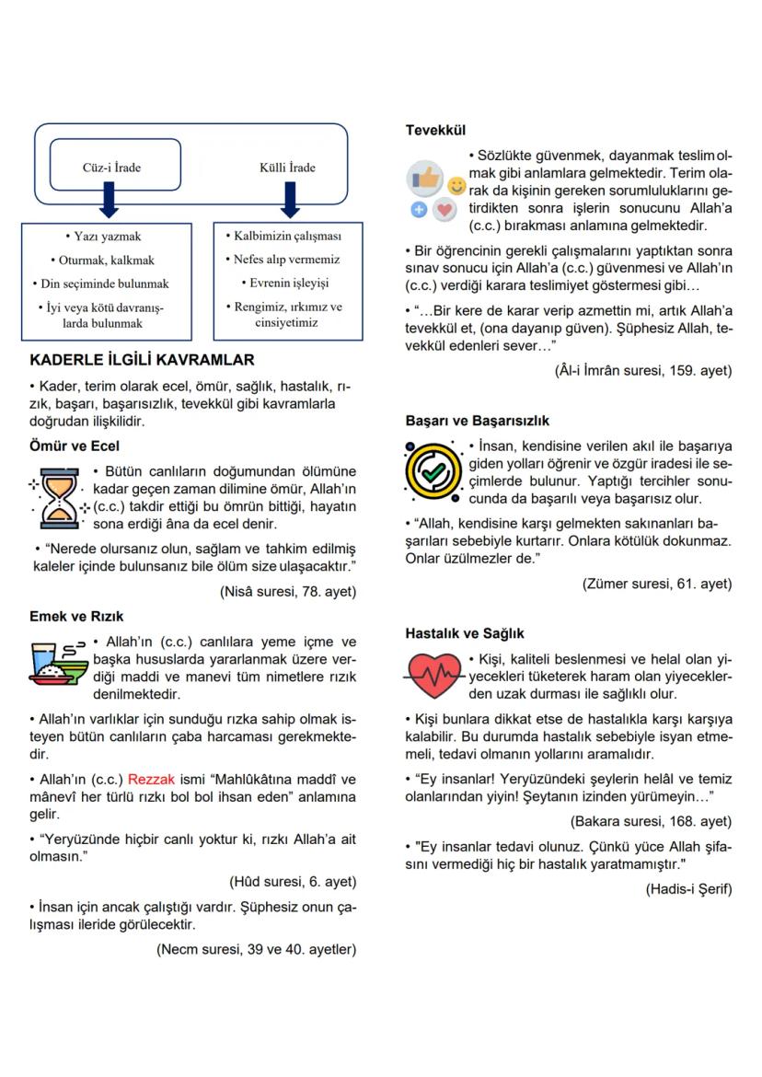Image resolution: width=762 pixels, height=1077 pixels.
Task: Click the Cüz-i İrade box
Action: (x=111, y=168)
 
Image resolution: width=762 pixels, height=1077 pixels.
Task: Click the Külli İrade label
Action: (x=287, y=168)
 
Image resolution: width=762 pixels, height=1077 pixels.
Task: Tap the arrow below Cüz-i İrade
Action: (x=110, y=200)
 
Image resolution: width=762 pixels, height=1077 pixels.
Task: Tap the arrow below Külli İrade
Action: (x=288, y=200)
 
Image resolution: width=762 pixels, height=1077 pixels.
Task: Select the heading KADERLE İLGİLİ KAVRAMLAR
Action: (x=142, y=361)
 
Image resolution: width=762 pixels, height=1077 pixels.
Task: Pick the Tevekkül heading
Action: (x=435, y=131)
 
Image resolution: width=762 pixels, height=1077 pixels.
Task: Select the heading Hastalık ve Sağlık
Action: (x=465, y=634)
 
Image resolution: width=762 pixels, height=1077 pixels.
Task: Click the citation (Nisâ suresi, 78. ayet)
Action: (x=288, y=592)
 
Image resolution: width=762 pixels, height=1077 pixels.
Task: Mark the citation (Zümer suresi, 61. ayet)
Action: (x=657, y=584)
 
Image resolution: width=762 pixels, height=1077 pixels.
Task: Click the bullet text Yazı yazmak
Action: (x=110, y=237)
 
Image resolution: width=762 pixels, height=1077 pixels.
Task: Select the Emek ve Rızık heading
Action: (x=76, y=617)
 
